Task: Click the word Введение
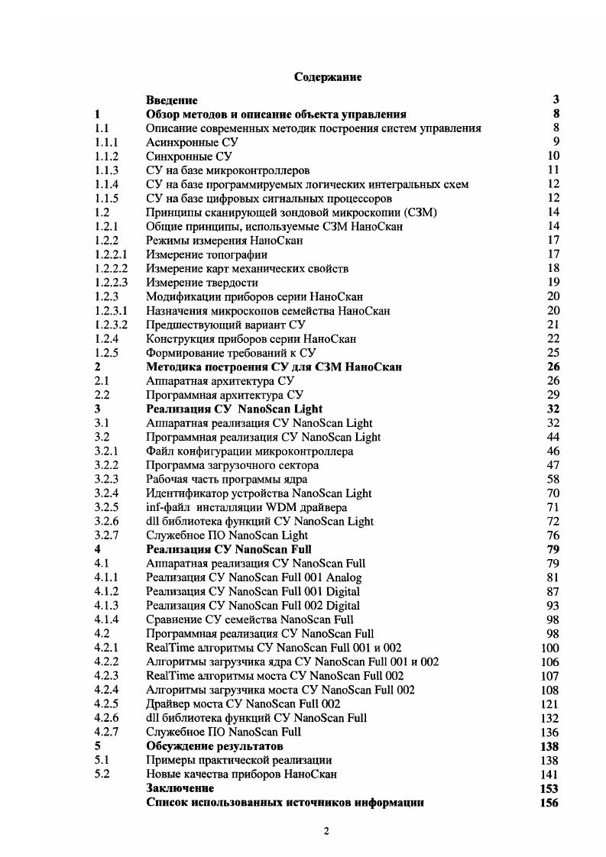click(x=171, y=100)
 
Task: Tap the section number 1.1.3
click(x=106, y=170)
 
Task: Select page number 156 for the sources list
click(x=548, y=803)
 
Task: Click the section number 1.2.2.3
click(x=111, y=282)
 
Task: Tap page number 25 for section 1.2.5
click(x=553, y=352)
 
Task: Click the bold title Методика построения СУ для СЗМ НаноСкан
click(x=274, y=367)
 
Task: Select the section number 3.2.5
click(x=106, y=507)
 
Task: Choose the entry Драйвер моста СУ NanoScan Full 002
click(x=243, y=703)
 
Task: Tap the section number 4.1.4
click(x=106, y=619)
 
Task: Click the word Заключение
click(x=180, y=788)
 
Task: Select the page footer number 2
click(x=326, y=832)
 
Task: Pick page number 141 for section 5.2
click(x=549, y=774)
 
